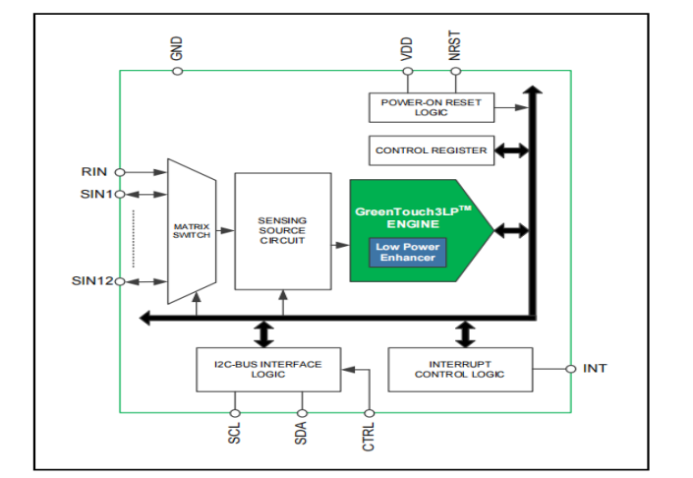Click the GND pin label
point(178,48)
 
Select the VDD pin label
point(407,50)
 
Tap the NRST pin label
point(454,48)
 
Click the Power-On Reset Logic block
point(432,107)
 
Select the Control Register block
point(431,150)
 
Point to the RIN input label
point(94,172)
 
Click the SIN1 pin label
point(96,194)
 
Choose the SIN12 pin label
point(92,281)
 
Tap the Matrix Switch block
point(191,230)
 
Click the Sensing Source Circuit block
point(282,230)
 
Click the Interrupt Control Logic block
point(459,369)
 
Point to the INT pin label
point(595,369)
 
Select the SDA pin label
point(302,434)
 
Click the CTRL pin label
point(370,436)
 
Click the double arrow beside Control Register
point(511,150)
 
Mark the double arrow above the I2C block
point(263,332)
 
